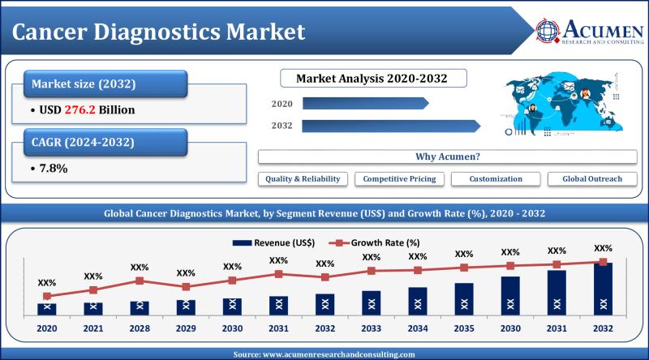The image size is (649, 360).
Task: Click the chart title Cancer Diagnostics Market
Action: click(x=162, y=32)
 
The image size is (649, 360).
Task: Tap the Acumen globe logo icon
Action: click(x=548, y=31)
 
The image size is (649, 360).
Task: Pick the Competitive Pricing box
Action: click(x=399, y=178)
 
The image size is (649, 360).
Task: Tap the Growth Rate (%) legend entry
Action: click(x=373, y=242)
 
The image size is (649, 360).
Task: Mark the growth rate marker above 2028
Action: click(x=140, y=281)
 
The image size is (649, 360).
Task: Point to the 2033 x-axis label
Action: click(x=371, y=330)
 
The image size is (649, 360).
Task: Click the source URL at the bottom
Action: click(x=324, y=354)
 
